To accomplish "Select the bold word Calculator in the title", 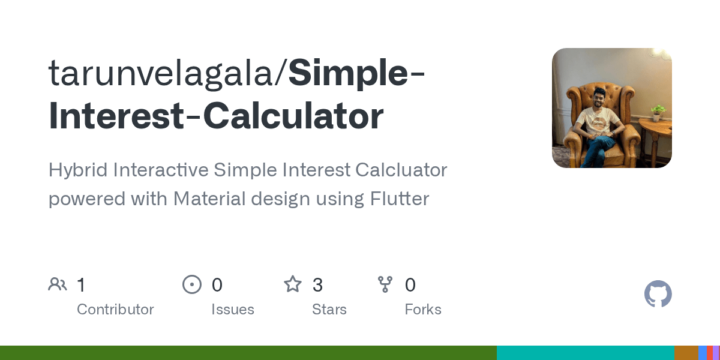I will tap(293, 116).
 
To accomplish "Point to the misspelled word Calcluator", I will tap(401, 170).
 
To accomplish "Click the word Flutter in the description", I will tap(399, 199).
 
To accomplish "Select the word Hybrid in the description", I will tap(77, 170).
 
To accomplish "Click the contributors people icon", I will tap(58, 284).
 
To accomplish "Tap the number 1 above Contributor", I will tap(81, 285).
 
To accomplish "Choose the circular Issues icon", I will tap(191, 284).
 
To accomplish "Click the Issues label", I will tap(232, 310).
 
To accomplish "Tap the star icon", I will tap(293, 284).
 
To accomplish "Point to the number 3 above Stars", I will tap(317, 285).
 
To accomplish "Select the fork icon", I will tap(385, 284).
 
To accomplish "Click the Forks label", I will tap(423, 310).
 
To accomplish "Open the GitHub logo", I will tap(658, 295).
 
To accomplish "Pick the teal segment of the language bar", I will tap(585, 353).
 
